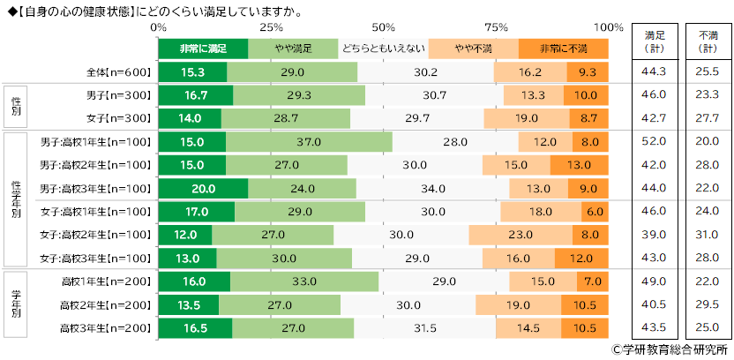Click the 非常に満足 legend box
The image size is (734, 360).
coord(202,47)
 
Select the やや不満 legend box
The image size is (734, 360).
coord(472,47)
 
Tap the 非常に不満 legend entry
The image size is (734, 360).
coord(564,47)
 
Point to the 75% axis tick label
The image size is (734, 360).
coord(496,26)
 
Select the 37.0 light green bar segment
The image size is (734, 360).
coord(309,141)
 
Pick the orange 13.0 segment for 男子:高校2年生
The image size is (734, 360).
coord(579,164)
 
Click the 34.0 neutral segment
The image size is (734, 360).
coord(431,187)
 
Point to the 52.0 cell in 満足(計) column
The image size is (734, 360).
coord(655,141)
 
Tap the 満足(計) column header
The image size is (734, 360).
coord(655,41)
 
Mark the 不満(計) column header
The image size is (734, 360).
coord(708,41)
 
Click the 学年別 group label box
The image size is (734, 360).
coord(16,304)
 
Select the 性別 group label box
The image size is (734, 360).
coord(16,107)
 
